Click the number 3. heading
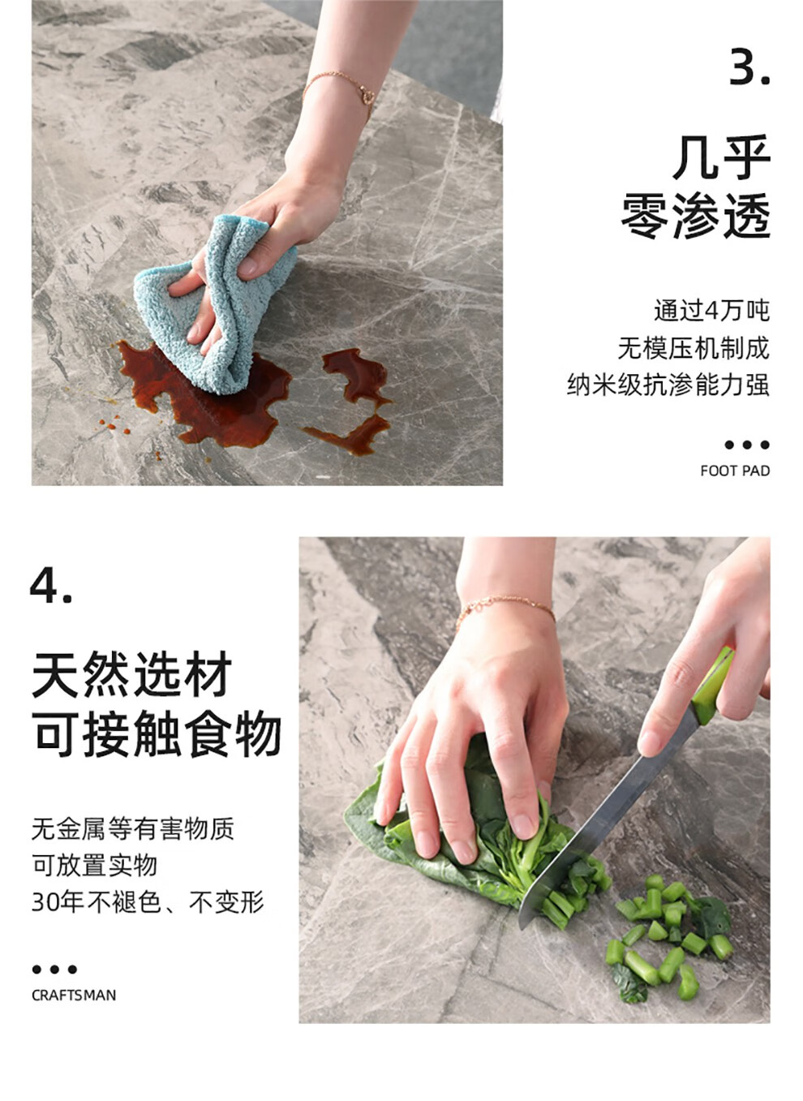(x=749, y=66)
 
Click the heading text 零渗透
(x=695, y=217)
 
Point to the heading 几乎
(x=721, y=157)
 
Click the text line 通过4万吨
(x=711, y=311)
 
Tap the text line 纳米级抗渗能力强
(x=668, y=385)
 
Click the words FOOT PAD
(x=735, y=471)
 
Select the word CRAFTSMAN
(x=74, y=996)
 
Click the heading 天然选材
(x=131, y=674)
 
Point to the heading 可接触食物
(x=157, y=733)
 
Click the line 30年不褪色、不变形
(x=148, y=902)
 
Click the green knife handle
(x=713, y=687)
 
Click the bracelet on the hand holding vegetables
(x=505, y=610)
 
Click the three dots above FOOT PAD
(x=747, y=445)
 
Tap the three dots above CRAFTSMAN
(x=54, y=970)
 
